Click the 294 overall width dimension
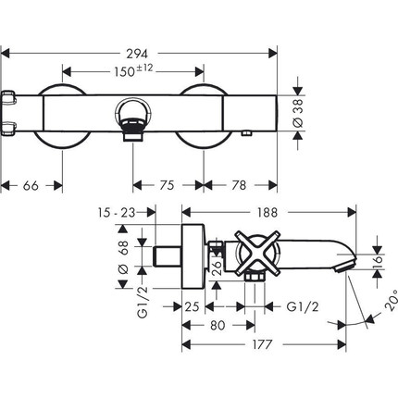tap(137, 54)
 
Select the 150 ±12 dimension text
tap(133, 70)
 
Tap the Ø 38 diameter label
tap(298, 113)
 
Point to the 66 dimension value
tap(31, 185)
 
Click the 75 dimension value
tap(167, 185)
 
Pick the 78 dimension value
tap(239, 185)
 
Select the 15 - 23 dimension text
tap(117, 213)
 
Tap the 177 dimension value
tap(262, 344)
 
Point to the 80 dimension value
tap(218, 325)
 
